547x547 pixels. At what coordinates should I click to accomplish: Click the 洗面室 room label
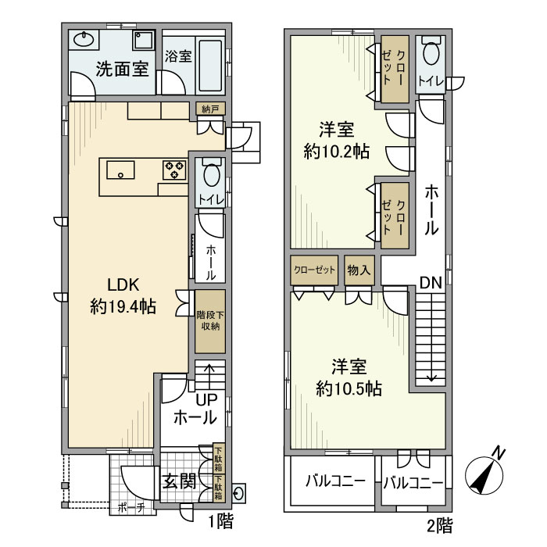tap(122, 68)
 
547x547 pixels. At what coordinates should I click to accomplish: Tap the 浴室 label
tap(178, 56)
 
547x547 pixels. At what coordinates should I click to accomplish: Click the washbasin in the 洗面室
tap(84, 40)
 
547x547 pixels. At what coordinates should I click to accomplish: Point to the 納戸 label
tap(209, 108)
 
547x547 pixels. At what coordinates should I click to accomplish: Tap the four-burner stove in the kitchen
tap(173, 169)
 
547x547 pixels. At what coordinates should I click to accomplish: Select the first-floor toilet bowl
tap(210, 173)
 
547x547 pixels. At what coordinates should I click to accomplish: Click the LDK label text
tap(123, 285)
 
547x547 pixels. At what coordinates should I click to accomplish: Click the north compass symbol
tap(485, 472)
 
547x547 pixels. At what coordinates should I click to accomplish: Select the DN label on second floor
tap(430, 282)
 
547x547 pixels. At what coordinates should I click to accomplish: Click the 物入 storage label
tap(359, 270)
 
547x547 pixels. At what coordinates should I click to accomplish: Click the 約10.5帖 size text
tap(349, 387)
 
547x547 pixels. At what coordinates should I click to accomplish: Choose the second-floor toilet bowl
tap(430, 55)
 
